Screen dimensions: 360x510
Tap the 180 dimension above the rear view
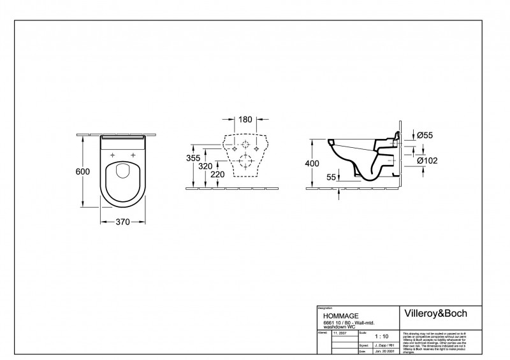point(245,120)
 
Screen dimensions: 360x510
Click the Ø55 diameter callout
point(424,136)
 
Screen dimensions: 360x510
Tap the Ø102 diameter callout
point(426,161)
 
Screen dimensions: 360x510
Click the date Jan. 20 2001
point(382,352)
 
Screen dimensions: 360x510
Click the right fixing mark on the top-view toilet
point(133,155)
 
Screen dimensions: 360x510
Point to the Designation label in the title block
point(326,307)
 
